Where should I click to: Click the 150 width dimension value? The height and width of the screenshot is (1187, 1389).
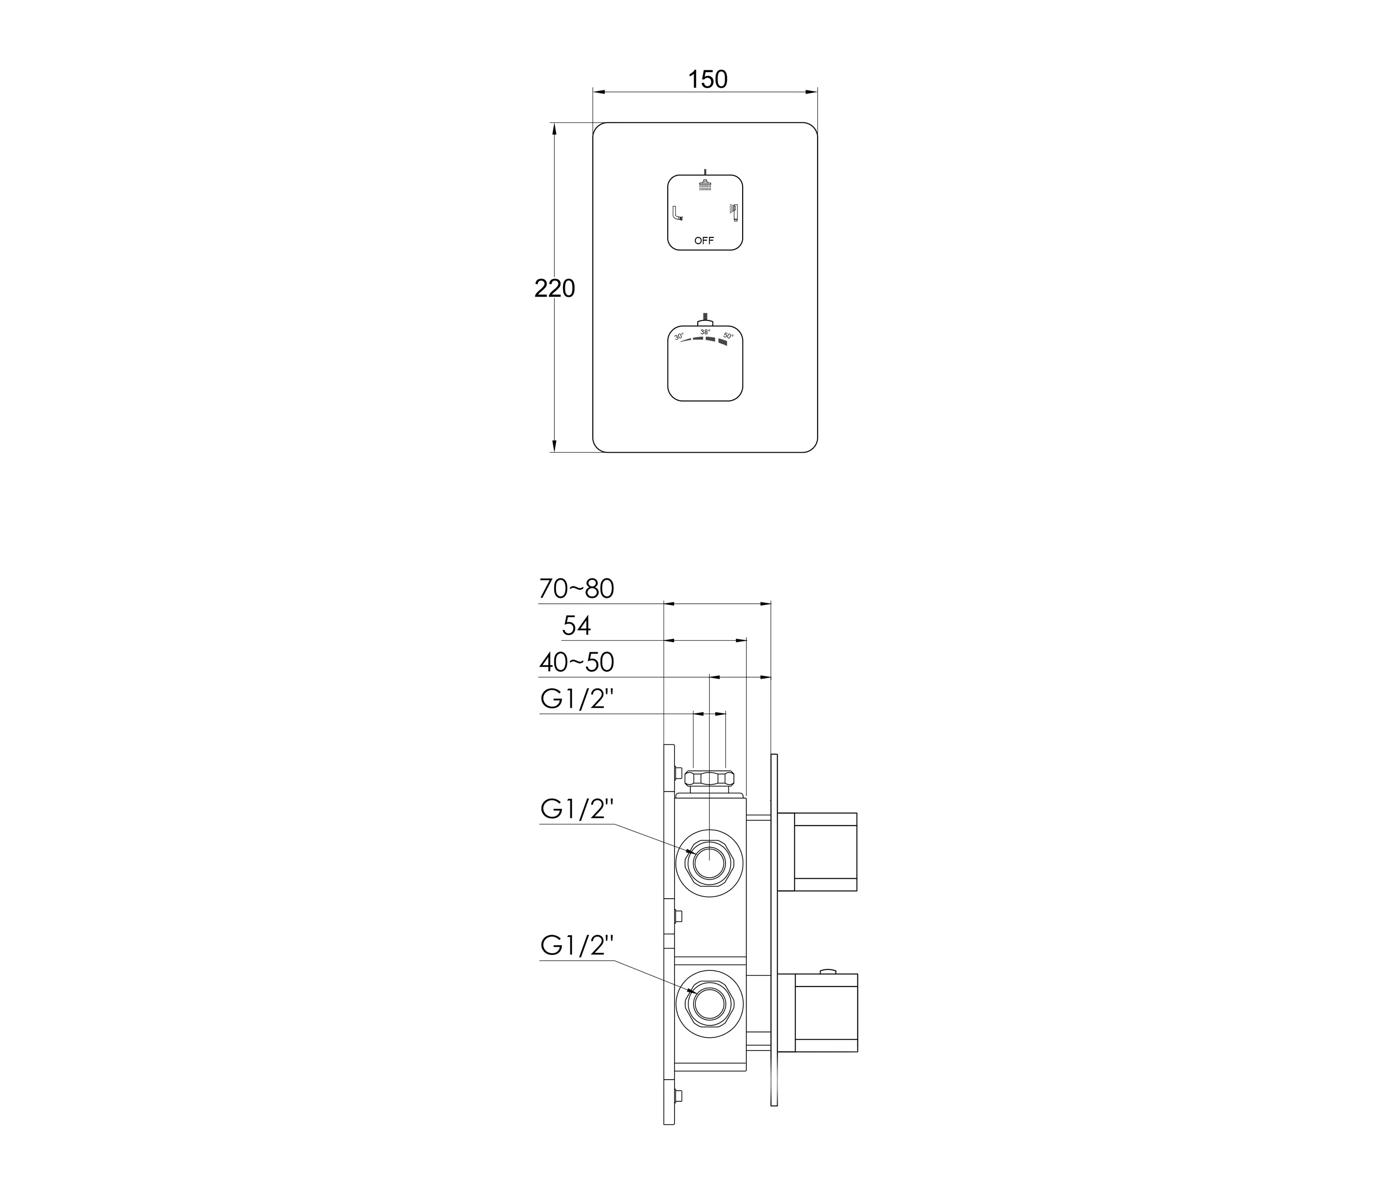[707, 80]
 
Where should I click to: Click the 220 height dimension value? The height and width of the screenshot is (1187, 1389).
[554, 288]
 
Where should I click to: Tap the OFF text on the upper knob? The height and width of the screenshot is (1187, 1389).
[704, 241]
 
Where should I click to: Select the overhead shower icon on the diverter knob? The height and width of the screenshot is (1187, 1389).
[705, 184]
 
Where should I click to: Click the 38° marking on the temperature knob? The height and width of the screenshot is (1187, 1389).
[705, 332]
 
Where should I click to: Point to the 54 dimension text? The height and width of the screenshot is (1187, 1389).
[576, 626]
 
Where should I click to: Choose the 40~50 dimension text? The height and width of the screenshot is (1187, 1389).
[576, 662]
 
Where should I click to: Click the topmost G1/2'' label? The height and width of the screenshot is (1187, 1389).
[577, 700]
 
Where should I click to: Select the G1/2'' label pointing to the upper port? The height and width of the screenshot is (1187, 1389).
[577, 810]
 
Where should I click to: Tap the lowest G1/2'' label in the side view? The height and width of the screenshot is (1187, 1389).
[577, 946]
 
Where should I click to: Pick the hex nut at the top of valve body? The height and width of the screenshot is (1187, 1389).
[709, 778]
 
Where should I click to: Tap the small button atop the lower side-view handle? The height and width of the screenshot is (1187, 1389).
[829, 970]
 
